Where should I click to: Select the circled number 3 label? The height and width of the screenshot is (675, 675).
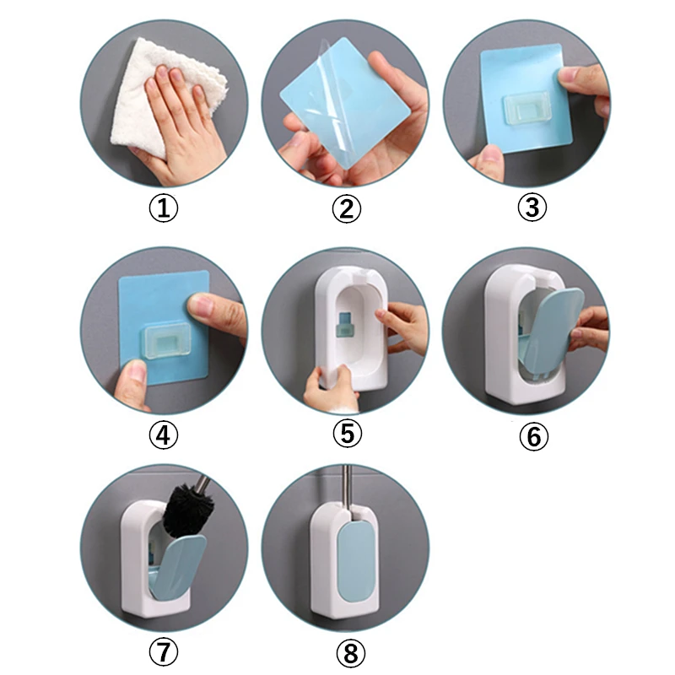point(531,208)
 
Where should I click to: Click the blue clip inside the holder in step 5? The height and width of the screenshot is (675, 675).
point(346,323)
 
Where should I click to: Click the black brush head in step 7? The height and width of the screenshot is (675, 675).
point(187,510)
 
